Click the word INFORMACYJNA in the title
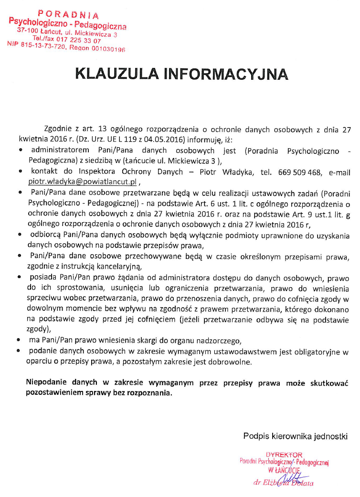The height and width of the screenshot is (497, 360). click(x=226, y=74)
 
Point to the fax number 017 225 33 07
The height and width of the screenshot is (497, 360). click(x=79, y=41)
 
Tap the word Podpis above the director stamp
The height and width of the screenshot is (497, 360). click(x=254, y=436)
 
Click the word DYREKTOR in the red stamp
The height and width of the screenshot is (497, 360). click(x=284, y=454)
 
